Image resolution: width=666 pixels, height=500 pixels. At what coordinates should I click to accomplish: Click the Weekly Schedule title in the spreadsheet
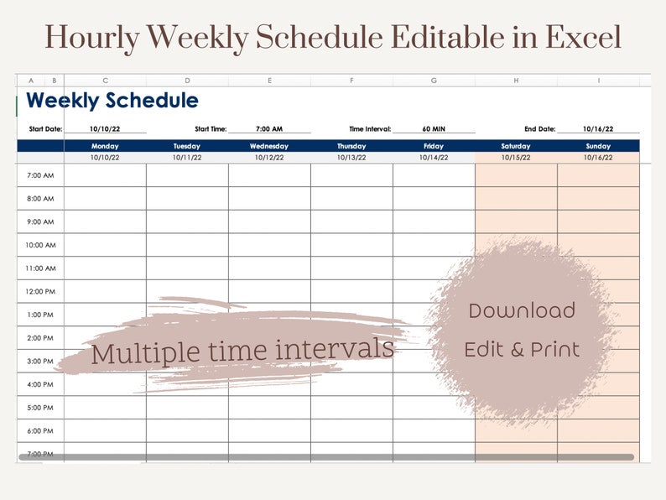tap(112, 102)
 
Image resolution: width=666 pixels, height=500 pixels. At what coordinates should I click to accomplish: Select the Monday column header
tap(105, 146)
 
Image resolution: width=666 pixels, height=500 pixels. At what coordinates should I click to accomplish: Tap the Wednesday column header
tap(269, 146)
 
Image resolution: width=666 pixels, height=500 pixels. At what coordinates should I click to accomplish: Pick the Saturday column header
tap(516, 146)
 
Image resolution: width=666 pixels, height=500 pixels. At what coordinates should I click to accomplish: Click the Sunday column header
tap(598, 146)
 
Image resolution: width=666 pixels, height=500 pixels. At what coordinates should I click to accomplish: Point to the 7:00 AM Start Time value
tap(269, 129)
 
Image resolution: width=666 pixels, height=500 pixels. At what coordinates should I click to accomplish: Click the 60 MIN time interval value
tap(433, 129)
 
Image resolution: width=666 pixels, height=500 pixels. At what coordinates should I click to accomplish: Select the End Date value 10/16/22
tap(598, 129)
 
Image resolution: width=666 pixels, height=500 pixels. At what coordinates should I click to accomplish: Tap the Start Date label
tap(45, 129)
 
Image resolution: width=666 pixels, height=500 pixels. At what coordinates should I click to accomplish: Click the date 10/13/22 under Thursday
tap(351, 157)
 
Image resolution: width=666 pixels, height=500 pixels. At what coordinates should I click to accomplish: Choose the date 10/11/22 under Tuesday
tap(187, 157)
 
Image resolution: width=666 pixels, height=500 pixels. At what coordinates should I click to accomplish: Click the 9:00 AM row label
tap(40, 222)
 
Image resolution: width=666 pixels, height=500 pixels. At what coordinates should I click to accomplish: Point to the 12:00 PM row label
tap(40, 292)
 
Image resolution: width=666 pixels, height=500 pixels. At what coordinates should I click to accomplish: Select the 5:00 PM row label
tap(40, 408)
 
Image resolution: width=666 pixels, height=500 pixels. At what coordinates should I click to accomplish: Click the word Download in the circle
tap(522, 311)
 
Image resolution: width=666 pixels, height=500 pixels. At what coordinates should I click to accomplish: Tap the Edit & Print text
tap(522, 350)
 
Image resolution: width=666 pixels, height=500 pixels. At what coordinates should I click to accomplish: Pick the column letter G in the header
tap(434, 81)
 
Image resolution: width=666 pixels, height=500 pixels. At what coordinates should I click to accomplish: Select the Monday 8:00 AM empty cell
tap(105, 199)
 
